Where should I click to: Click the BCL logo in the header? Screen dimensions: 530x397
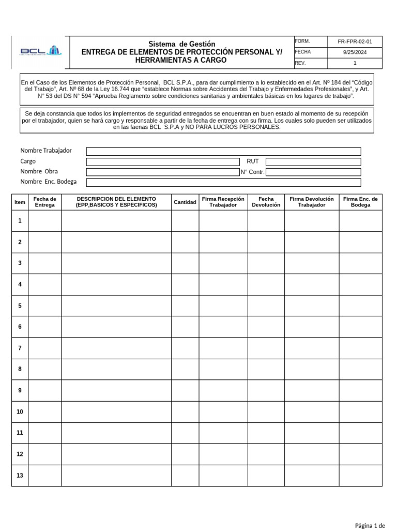40,51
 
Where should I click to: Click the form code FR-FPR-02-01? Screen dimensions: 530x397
354,41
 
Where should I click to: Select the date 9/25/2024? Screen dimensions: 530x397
354,52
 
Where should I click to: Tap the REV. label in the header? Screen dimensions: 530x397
300,63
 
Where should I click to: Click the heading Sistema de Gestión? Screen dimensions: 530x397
182,44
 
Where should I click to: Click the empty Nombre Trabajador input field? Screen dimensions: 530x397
223,151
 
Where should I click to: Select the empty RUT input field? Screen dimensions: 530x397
313,161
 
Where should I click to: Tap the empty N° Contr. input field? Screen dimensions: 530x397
313,172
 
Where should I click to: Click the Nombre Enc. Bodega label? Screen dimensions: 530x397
49,182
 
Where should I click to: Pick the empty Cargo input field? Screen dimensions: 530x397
163,161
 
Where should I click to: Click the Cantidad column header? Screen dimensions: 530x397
185,202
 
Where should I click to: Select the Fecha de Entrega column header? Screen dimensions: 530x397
44,202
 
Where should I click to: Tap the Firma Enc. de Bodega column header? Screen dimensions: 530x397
360,202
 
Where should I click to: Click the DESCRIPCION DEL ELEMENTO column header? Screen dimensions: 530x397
116,202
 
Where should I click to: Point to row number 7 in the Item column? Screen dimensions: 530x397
20,348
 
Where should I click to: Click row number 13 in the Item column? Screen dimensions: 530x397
20,475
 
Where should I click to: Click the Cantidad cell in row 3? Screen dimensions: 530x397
185,263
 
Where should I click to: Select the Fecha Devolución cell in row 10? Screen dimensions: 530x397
266,411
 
